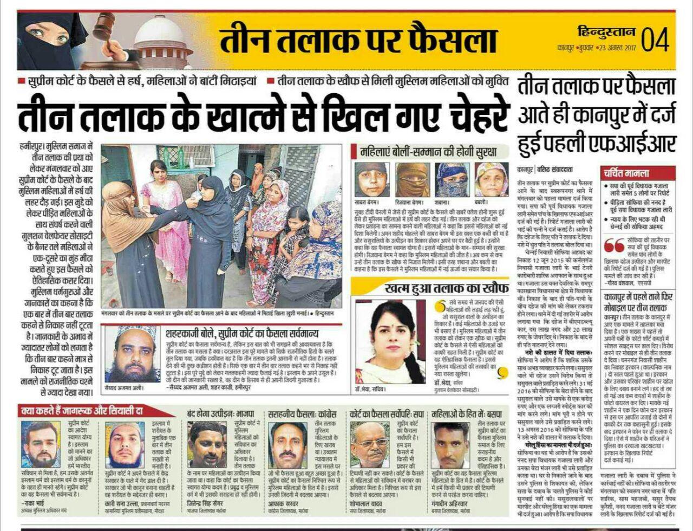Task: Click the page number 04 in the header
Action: coord(656,39)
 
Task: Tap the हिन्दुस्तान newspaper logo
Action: coord(607,31)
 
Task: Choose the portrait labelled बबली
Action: coord(492,179)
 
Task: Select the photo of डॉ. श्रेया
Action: coord(390,334)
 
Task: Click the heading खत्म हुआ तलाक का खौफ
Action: coord(432,287)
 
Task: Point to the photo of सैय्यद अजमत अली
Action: coord(133,354)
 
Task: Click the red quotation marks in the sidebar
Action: coord(614,245)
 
